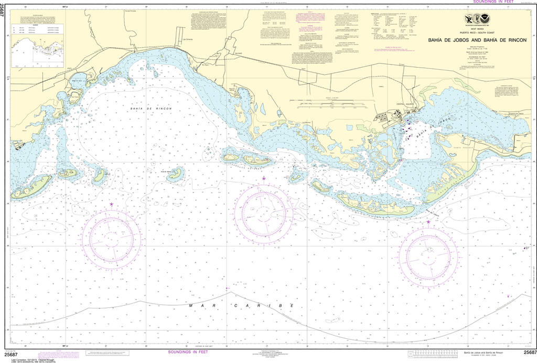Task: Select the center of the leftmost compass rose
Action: click(112, 238)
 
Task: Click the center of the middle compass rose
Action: click(263, 214)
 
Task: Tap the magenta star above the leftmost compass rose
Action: click(111, 204)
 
